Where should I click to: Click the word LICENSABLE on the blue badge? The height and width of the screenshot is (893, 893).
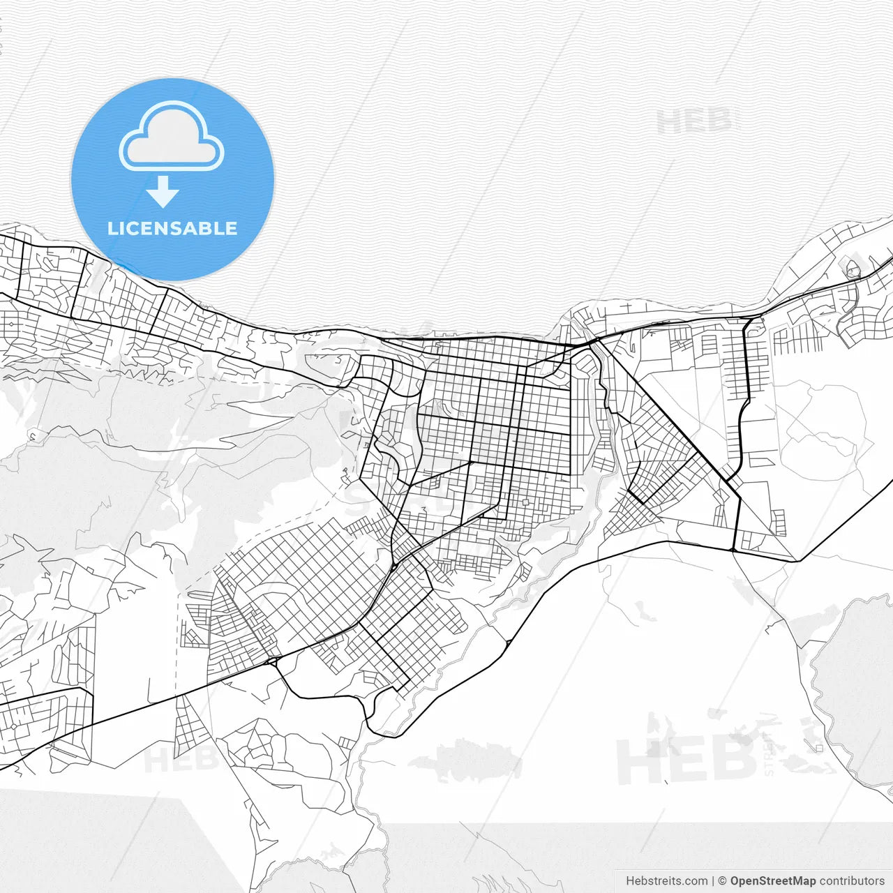coord(172,229)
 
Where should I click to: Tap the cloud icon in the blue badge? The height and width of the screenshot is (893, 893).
coord(172,138)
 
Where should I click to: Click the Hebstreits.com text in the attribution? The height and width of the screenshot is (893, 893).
coord(666,881)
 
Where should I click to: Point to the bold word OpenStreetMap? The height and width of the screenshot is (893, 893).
coord(772,881)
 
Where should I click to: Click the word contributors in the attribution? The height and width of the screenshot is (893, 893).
coord(851,881)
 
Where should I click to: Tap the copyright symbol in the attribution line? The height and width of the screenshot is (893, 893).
coord(722,881)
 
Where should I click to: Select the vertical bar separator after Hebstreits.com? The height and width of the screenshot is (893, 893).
coord(712,881)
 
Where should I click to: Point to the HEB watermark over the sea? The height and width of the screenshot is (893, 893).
coord(695,122)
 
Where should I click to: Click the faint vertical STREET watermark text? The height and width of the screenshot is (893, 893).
coord(769,753)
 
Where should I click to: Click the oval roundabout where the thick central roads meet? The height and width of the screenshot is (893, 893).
coord(394,566)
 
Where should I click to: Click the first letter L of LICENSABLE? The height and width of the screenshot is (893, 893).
coord(112,229)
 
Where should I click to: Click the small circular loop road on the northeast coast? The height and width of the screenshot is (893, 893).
coord(853,269)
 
